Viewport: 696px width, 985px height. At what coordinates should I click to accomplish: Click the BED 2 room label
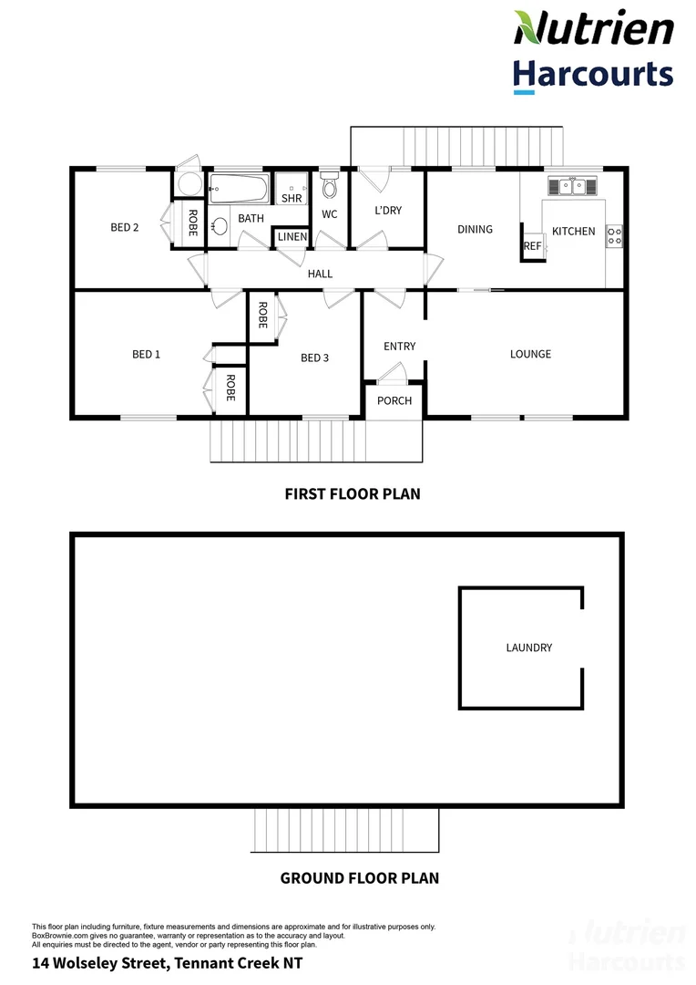tap(124, 227)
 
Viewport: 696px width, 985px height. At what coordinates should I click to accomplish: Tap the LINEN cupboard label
tap(292, 237)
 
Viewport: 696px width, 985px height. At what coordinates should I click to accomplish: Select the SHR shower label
tap(292, 198)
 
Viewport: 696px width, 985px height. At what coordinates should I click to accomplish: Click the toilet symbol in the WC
tap(330, 187)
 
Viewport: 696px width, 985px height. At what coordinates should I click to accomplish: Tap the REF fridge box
tap(532, 246)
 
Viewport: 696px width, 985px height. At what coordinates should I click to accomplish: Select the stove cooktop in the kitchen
tap(615, 236)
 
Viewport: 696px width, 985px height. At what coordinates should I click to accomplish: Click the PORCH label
tap(394, 400)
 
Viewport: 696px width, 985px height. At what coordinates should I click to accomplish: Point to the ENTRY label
tap(399, 346)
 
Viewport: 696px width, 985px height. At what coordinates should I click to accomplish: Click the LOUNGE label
tap(530, 354)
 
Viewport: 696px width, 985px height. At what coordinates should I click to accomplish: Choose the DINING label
tap(475, 229)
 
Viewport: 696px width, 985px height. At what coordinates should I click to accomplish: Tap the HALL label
tap(320, 274)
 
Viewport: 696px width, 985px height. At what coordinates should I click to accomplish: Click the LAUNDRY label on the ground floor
tap(529, 648)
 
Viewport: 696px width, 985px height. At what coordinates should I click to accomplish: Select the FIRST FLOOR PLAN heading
tap(353, 494)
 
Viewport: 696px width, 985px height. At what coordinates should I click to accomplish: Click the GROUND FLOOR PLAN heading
tap(359, 879)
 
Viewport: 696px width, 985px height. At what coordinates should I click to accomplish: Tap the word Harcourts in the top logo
tap(593, 74)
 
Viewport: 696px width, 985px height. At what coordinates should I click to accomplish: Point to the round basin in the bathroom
tap(220, 226)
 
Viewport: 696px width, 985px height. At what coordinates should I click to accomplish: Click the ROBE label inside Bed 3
tap(261, 315)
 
